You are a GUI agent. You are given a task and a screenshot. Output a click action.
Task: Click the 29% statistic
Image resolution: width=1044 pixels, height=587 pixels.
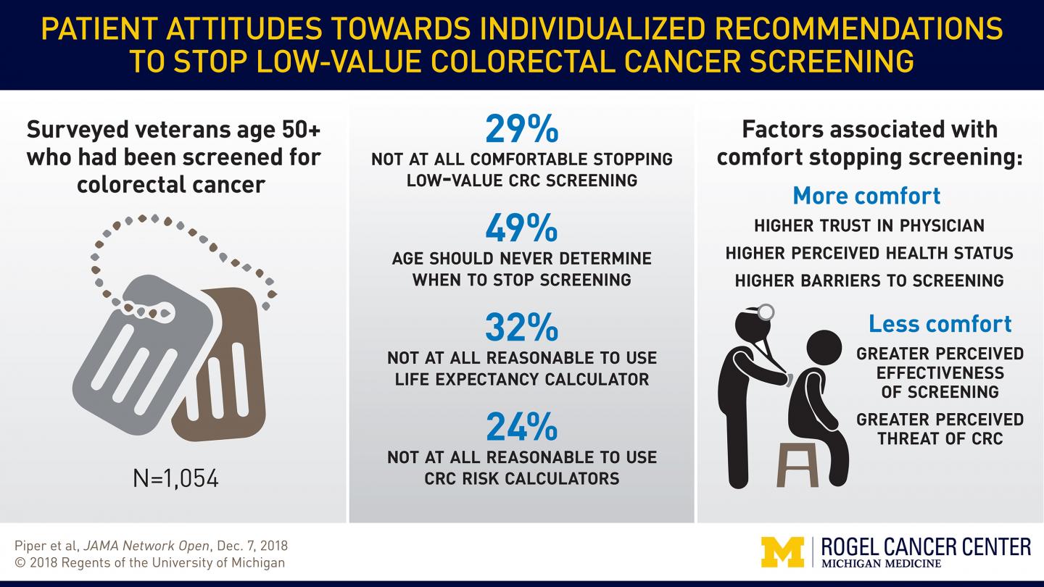[x=521, y=128]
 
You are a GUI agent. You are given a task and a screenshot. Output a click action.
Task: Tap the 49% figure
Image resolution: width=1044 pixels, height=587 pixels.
[x=521, y=228]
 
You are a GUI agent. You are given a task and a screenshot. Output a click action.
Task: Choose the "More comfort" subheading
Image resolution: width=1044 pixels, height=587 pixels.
[x=866, y=196]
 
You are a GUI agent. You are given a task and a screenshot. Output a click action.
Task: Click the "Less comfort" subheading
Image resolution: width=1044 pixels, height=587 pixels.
[x=940, y=323]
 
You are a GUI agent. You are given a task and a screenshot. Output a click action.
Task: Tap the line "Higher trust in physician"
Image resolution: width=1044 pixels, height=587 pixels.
[x=869, y=225]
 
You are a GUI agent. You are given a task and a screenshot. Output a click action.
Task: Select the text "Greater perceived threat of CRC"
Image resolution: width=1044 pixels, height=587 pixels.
[x=940, y=429]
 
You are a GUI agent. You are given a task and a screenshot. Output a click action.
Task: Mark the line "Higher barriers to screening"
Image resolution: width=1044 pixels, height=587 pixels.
[x=869, y=280]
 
